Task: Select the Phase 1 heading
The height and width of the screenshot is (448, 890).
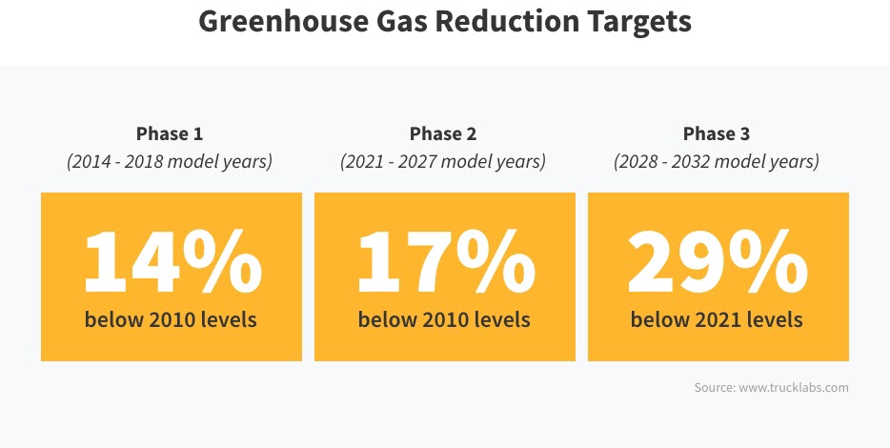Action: [x=170, y=133]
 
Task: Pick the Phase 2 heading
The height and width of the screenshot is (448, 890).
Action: [x=443, y=133]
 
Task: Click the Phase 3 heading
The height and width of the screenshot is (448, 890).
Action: [x=717, y=133]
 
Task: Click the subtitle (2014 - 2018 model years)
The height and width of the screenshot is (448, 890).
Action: [x=170, y=161]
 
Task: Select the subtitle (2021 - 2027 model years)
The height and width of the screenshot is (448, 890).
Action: [x=443, y=161]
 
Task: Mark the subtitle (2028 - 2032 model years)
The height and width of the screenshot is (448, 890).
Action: [x=717, y=161]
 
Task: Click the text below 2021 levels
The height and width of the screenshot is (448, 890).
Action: [x=717, y=319]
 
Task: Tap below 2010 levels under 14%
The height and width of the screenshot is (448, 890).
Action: [x=171, y=319]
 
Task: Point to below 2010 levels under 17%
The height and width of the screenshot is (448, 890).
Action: [x=444, y=319]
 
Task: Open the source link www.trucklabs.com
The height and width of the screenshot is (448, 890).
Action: [x=792, y=388]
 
